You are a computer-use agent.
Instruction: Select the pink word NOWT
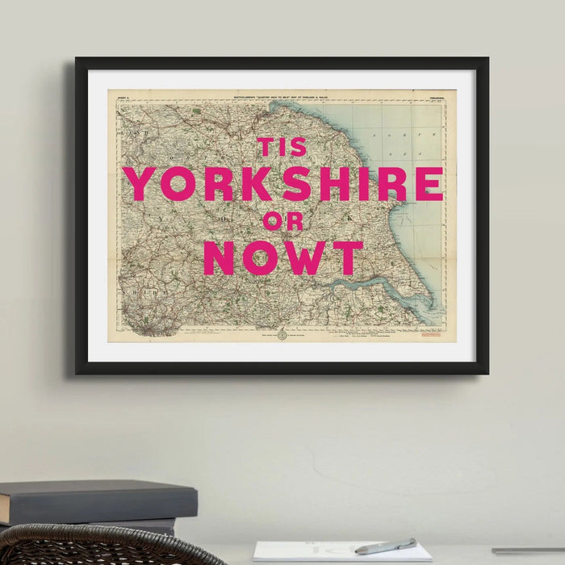[x=282, y=257]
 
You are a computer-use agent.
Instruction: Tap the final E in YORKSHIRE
[x=429, y=184]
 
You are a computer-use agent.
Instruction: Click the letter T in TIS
[x=266, y=147]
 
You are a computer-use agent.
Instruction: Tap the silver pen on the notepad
[x=386, y=546]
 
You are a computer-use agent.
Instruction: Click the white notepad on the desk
[x=339, y=552]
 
